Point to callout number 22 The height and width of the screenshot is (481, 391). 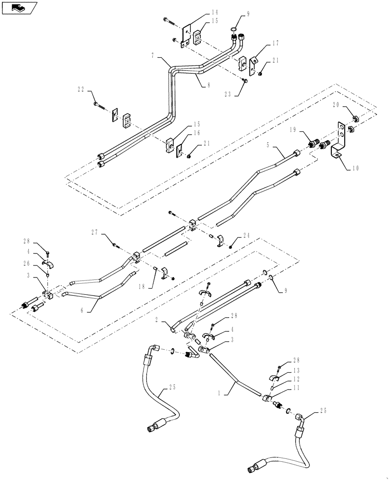[81, 89]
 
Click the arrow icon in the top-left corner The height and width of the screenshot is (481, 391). [19, 8]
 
